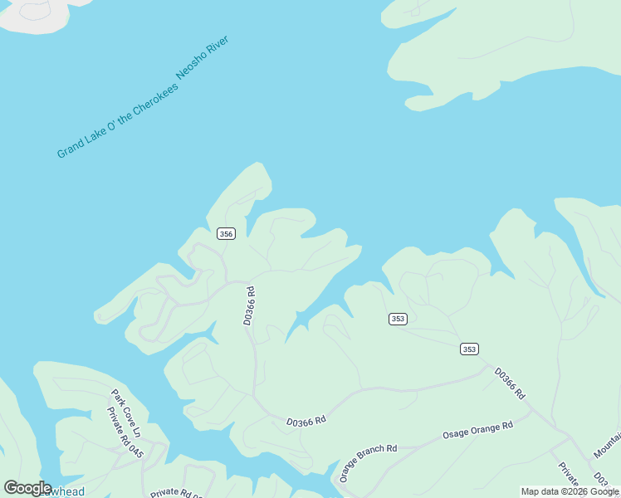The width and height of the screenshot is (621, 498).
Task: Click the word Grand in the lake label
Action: (69, 149)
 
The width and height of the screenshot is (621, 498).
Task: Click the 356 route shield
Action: (226, 234)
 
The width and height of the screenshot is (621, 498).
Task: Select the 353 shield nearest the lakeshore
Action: (398, 319)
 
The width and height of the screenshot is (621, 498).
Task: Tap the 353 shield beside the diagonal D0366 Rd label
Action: (469, 349)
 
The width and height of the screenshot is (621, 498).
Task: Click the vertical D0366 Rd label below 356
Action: (248, 305)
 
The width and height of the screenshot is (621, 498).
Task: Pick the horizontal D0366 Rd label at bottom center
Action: (306, 422)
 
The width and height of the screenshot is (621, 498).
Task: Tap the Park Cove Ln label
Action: (127, 410)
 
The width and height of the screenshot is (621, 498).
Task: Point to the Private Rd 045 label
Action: (125, 432)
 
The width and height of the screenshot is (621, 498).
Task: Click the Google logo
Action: (27, 488)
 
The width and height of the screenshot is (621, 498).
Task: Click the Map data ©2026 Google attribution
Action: (570, 492)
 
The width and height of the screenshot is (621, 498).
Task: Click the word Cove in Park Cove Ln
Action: (128, 411)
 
